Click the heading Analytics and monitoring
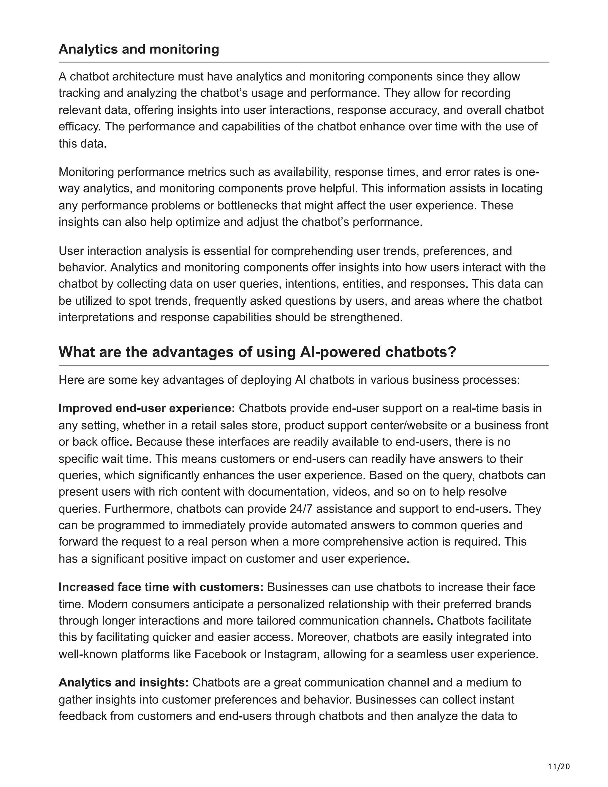click(x=139, y=49)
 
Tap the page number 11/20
click(x=559, y=767)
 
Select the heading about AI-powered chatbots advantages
click(x=257, y=352)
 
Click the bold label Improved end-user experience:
click(x=147, y=408)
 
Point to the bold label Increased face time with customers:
click(x=161, y=587)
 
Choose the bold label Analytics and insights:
click(x=123, y=682)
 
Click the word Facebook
click(x=220, y=654)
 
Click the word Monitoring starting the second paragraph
click(x=86, y=172)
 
